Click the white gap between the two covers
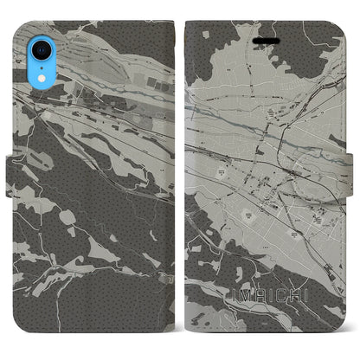(180, 173)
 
